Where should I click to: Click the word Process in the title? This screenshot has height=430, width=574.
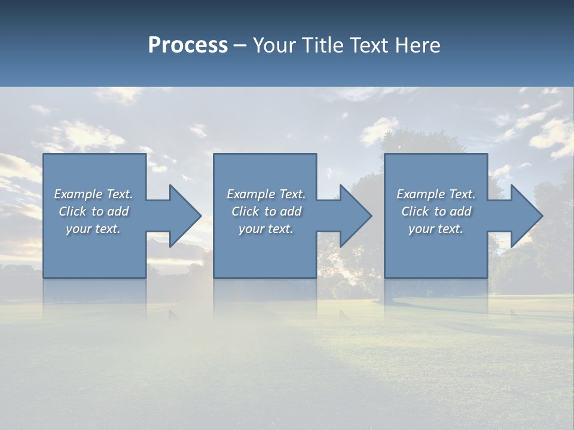coord(188,45)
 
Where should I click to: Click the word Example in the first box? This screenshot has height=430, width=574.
coord(78,194)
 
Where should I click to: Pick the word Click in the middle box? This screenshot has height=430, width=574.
coord(245,211)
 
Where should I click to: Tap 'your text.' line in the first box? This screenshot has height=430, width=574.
coord(93,229)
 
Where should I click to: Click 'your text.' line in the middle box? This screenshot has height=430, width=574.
coord(265,229)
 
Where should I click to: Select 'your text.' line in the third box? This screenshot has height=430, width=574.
coord(436,229)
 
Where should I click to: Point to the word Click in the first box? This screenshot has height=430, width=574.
coord(72,211)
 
